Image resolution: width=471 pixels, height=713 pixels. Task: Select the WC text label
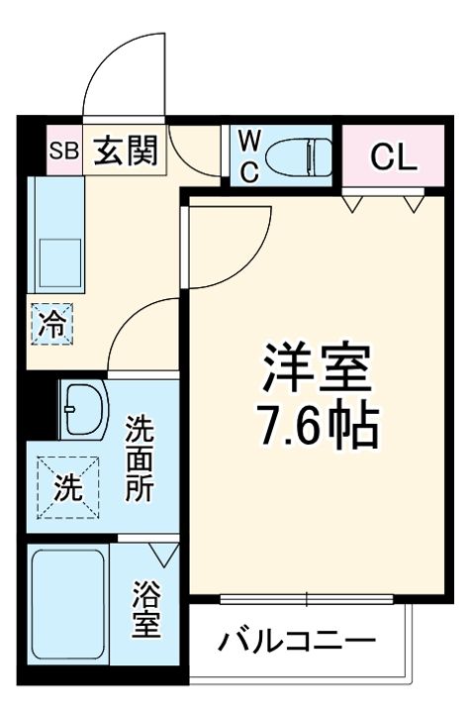tap(248, 154)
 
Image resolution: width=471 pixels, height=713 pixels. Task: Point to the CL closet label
tap(392, 154)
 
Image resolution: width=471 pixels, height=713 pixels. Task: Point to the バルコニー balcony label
tap(297, 641)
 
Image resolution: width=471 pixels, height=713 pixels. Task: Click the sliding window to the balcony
tap(307, 598)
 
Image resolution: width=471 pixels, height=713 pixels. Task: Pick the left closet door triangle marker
tap(353, 204)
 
